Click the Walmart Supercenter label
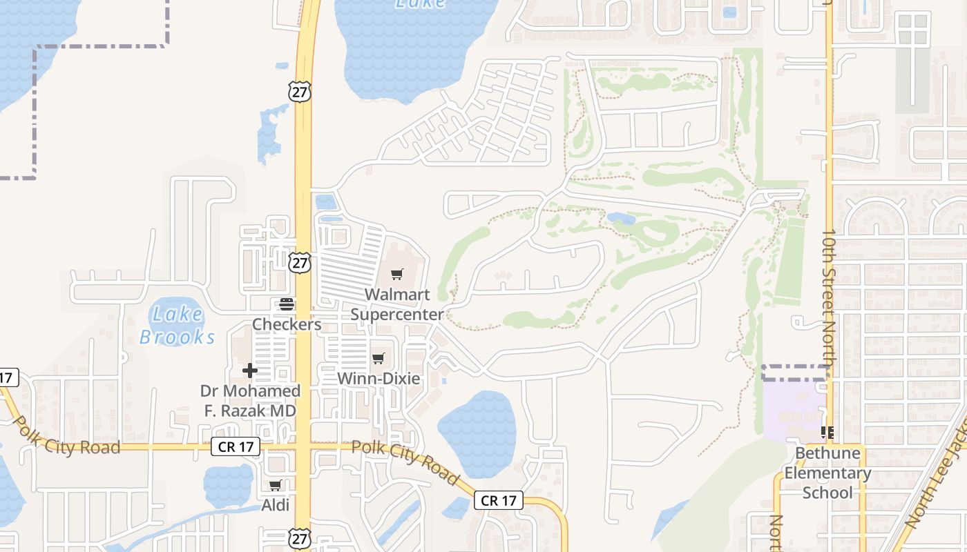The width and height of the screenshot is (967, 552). click(x=396, y=304)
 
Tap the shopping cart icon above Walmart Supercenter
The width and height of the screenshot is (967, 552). click(x=396, y=275)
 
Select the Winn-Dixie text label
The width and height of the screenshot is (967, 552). click(x=379, y=378)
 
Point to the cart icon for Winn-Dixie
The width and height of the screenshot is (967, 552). click(x=378, y=358)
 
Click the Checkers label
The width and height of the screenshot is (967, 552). click(x=287, y=324)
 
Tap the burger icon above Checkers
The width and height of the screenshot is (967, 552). click(x=287, y=304)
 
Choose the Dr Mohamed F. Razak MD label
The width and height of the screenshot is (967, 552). click(x=250, y=401)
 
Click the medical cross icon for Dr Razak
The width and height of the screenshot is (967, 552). click(x=250, y=371)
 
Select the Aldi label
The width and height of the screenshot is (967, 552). click(x=276, y=505)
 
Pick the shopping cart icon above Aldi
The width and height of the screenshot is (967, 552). click(x=276, y=485)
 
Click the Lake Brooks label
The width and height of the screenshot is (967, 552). click(x=178, y=326)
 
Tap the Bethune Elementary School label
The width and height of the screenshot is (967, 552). click(x=827, y=473)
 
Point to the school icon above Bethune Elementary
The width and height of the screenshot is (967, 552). click(x=827, y=433)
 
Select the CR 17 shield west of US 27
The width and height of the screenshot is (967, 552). click(x=236, y=446)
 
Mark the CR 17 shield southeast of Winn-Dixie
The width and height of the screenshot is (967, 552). click(x=499, y=501)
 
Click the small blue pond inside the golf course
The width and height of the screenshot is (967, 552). click(x=621, y=219)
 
